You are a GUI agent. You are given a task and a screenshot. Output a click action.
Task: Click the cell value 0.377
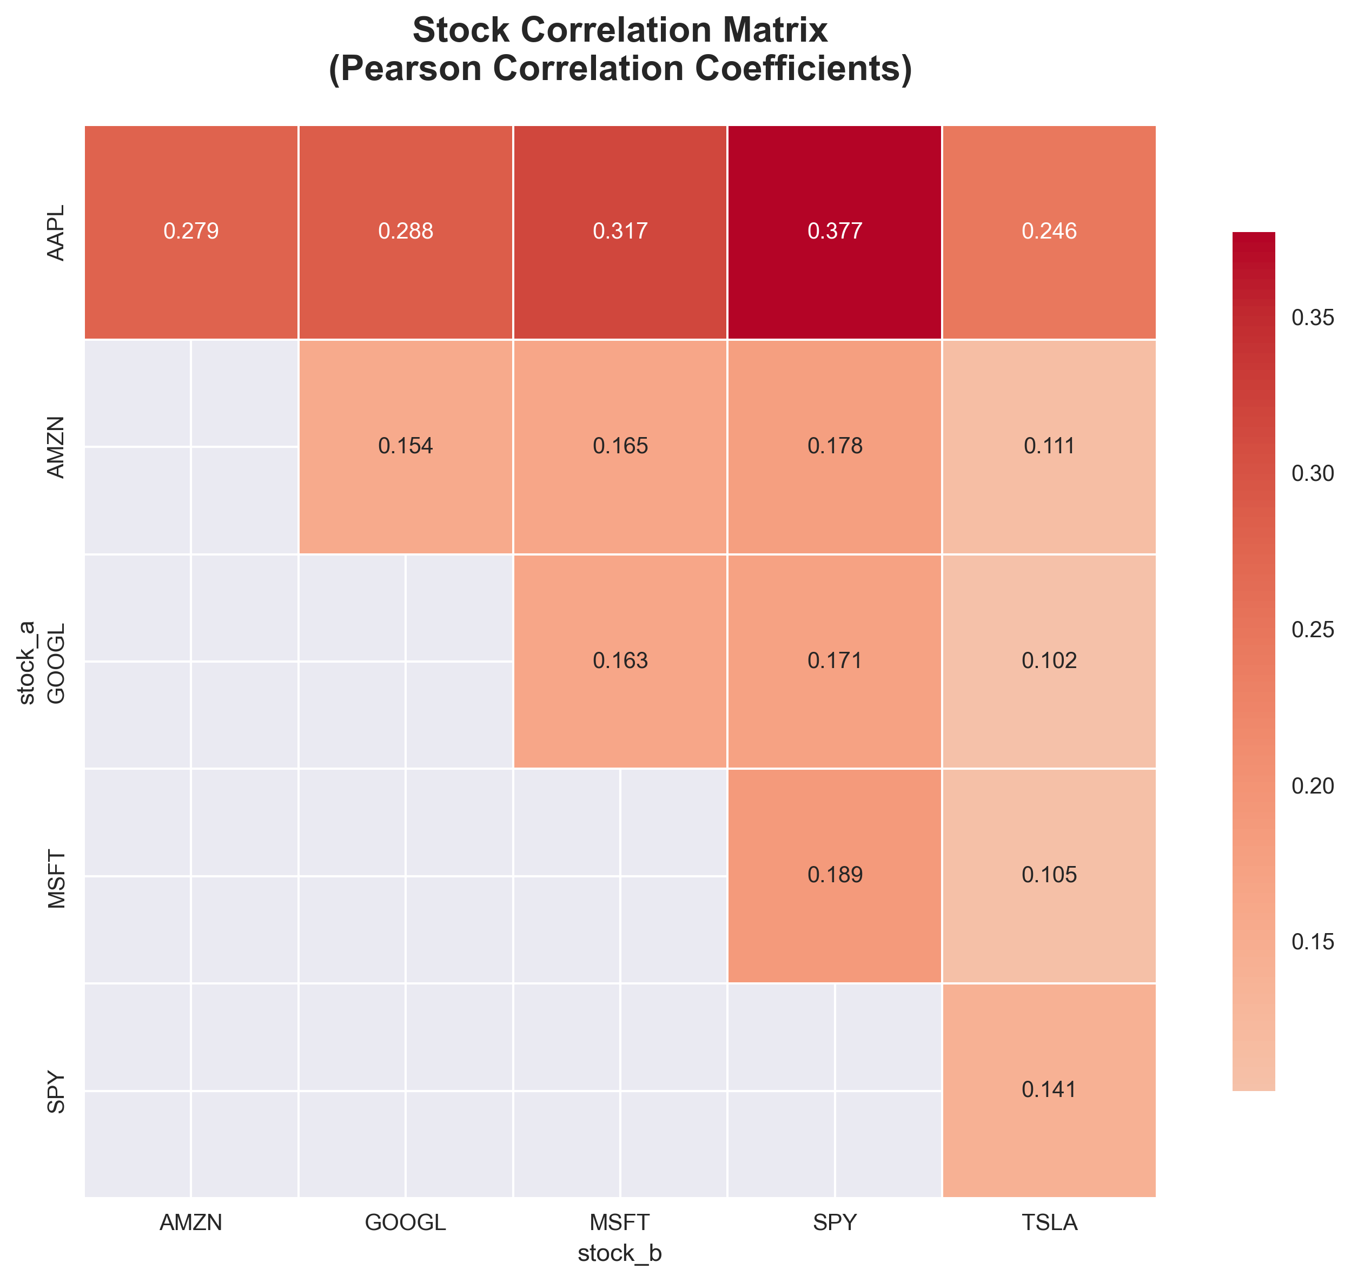point(835,232)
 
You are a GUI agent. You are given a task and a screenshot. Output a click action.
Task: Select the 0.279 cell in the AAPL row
point(191,232)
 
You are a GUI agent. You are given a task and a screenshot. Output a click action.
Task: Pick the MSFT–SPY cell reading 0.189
point(835,875)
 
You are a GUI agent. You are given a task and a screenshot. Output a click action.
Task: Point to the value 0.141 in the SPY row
point(1049,1089)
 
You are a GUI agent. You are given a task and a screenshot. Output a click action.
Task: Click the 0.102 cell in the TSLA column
point(1049,661)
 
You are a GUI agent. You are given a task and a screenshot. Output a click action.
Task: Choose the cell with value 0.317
point(620,232)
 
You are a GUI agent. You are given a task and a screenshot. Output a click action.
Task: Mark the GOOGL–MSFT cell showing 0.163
point(620,661)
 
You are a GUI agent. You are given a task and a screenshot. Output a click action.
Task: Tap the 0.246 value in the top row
point(1049,232)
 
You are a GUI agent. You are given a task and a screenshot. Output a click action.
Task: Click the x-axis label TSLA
point(1049,1222)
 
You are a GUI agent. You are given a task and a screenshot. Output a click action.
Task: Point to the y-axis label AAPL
point(56,233)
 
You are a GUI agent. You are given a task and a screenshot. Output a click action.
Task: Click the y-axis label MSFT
point(56,879)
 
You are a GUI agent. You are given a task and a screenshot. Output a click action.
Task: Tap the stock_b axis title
point(619,1253)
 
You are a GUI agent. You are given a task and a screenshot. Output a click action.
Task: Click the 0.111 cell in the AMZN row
point(1049,446)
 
